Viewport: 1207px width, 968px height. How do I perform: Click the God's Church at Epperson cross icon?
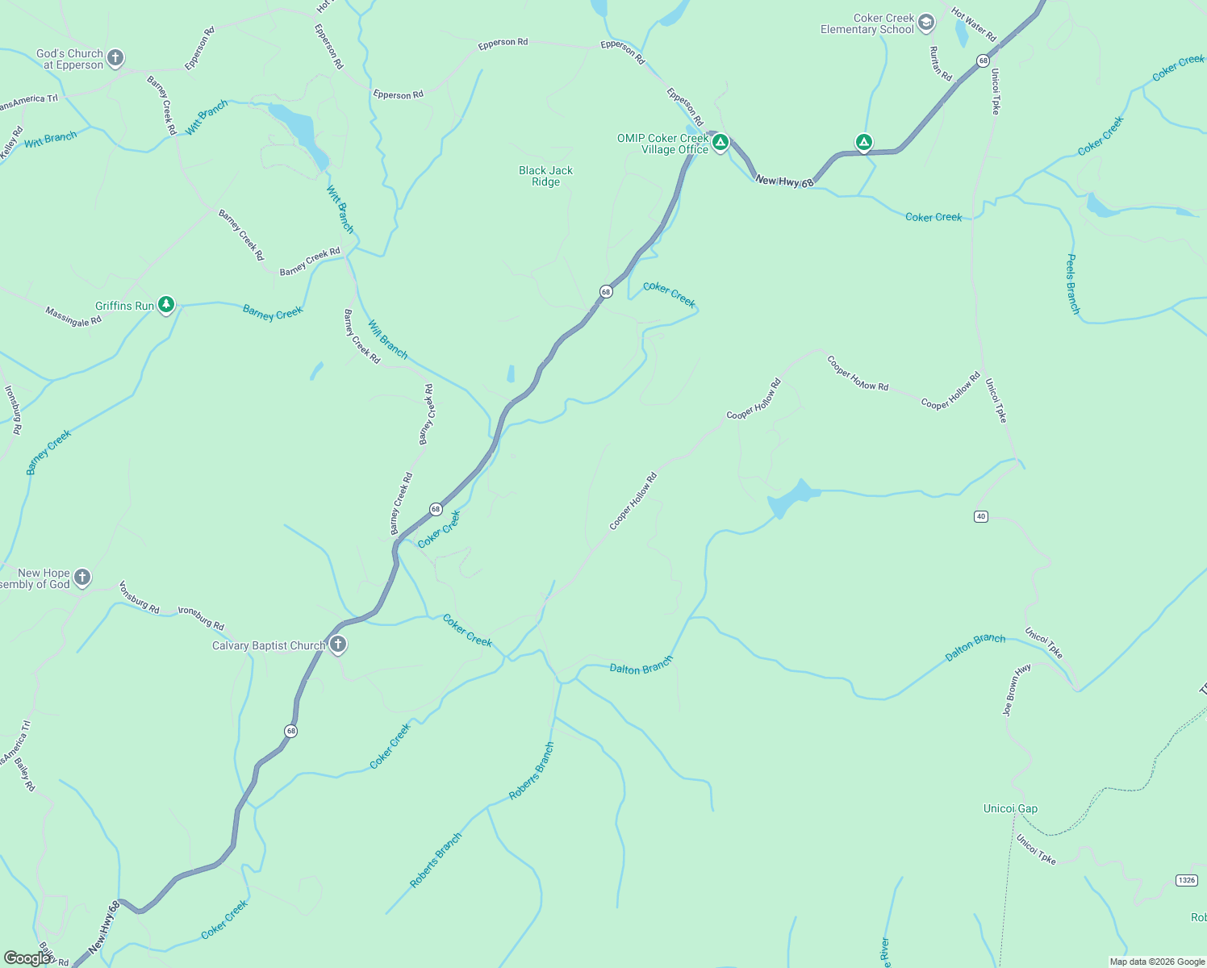pyautogui.click(x=115, y=57)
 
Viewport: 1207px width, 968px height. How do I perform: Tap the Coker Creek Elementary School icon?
pyautogui.click(x=926, y=23)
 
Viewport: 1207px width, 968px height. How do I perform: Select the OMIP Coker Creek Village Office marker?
pyautogui.click(x=720, y=143)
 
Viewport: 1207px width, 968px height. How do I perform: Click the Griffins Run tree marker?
pyautogui.click(x=166, y=305)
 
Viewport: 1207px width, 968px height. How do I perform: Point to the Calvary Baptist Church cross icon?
pyautogui.click(x=338, y=645)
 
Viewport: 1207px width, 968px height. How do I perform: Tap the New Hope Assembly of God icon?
pyautogui.click(x=82, y=578)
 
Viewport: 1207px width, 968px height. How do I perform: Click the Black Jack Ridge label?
pyautogui.click(x=545, y=176)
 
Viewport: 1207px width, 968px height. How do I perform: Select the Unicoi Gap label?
pyautogui.click(x=1010, y=808)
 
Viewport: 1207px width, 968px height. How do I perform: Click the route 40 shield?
pyautogui.click(x=980, y=516)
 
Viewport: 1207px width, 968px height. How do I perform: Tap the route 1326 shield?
pyautogui.click(x=1186, y=879)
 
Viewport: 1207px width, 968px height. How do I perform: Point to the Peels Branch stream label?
pyautogui.click(x=1072, y=283)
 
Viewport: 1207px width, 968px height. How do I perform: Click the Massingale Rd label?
pyautogui.click(x=73, y=317)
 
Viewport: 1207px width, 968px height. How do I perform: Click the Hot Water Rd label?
pyautogui.click(x=974, y=25)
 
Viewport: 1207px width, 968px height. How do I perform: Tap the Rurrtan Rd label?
pyautogui.click(x=941, y=64)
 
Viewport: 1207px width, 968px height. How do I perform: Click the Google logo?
pyautogui.click(x=27, y=958)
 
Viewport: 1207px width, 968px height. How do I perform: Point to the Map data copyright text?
pyautogui.click(x=1157, y=962)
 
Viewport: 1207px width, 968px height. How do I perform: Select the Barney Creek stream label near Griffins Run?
pyautogui.click(x=273, y=313)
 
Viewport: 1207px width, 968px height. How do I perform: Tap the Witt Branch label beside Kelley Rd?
pyautogui.click(x=51, y=140)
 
